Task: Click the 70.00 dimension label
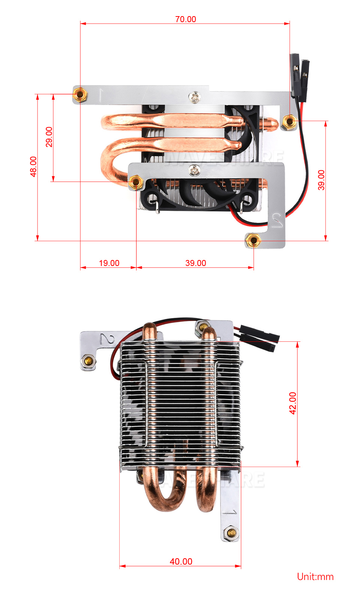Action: [x=186, y=19]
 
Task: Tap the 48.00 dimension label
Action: [x=33, y=167]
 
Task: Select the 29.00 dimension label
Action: [x=49, y=137]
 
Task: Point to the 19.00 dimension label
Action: [x=109, y=263]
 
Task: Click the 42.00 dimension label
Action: [x=293, y=403]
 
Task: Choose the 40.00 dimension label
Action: [x=181, y=562]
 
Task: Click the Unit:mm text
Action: [x=315, y=577]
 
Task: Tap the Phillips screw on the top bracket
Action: [x=195, y=98]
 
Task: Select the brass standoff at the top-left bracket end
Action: [x=79, y=94]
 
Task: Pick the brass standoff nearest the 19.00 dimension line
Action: [x=135, y=183]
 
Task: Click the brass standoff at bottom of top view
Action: [x=253, y=240]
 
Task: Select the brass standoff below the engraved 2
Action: [x=88, y=361]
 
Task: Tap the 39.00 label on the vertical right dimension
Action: [x=321, y=180]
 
